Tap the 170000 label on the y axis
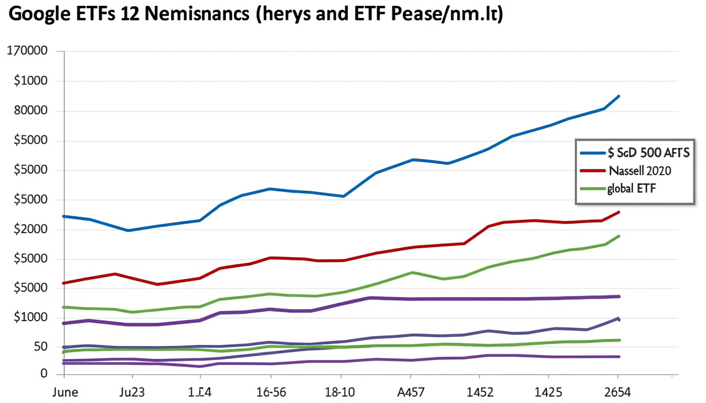tap(26, 51)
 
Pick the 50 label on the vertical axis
tap(40, 347)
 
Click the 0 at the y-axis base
tap(44, 374)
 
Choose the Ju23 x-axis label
tap(132, 393)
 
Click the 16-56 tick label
tap(271, 393)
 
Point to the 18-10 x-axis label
tap(340, 393)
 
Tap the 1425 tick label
tap(548, 393)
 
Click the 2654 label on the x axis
tap(617, 393)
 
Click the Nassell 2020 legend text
tap(640, 171)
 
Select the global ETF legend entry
tap(631, 188)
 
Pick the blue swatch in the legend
tap(593, 153)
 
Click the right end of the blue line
tap(619, 96)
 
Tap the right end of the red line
tap(619, 212)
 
